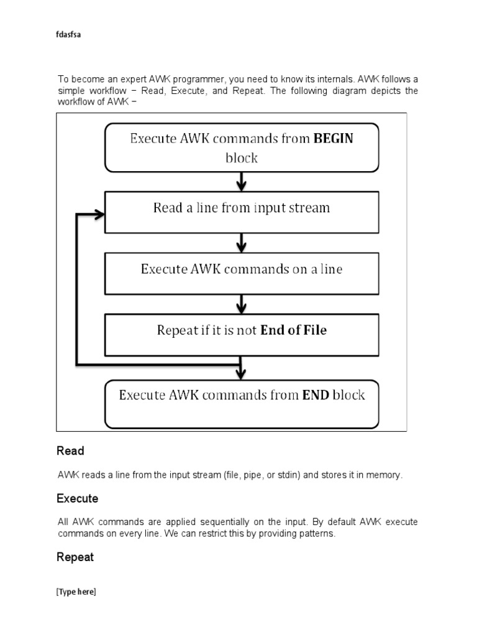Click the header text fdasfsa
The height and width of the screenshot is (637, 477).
(69, 35)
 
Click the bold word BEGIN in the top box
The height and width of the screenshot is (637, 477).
(333, 138)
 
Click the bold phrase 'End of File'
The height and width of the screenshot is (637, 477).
(293, 330)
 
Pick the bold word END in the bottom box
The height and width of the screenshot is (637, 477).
(316, 395)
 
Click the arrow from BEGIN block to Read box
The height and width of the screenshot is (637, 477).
(242, 182)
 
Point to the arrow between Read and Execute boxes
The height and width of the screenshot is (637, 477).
(242, 243)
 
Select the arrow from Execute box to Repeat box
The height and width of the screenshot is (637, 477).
(242, 304)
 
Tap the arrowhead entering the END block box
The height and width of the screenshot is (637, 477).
(242, 373)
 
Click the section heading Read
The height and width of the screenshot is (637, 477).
(70, 450)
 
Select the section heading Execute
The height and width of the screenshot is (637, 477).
(77, 499)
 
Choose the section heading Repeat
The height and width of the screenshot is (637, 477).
(75, 557)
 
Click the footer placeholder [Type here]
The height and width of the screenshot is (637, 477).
(76, 592)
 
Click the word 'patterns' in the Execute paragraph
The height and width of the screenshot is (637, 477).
(318, 534)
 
